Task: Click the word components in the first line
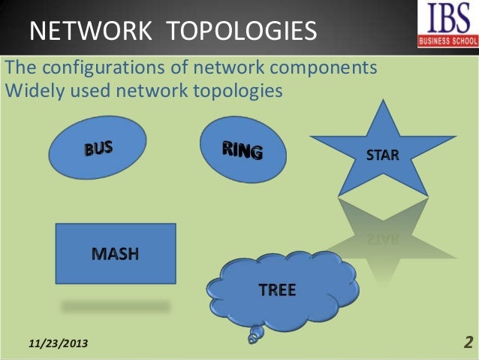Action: [x=326, y=68]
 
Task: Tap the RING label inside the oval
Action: [x=242, y=150]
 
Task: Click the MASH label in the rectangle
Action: [x=115, y=253]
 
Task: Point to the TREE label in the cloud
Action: [x=277, y=290]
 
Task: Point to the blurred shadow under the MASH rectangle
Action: [x=116, y=306]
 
